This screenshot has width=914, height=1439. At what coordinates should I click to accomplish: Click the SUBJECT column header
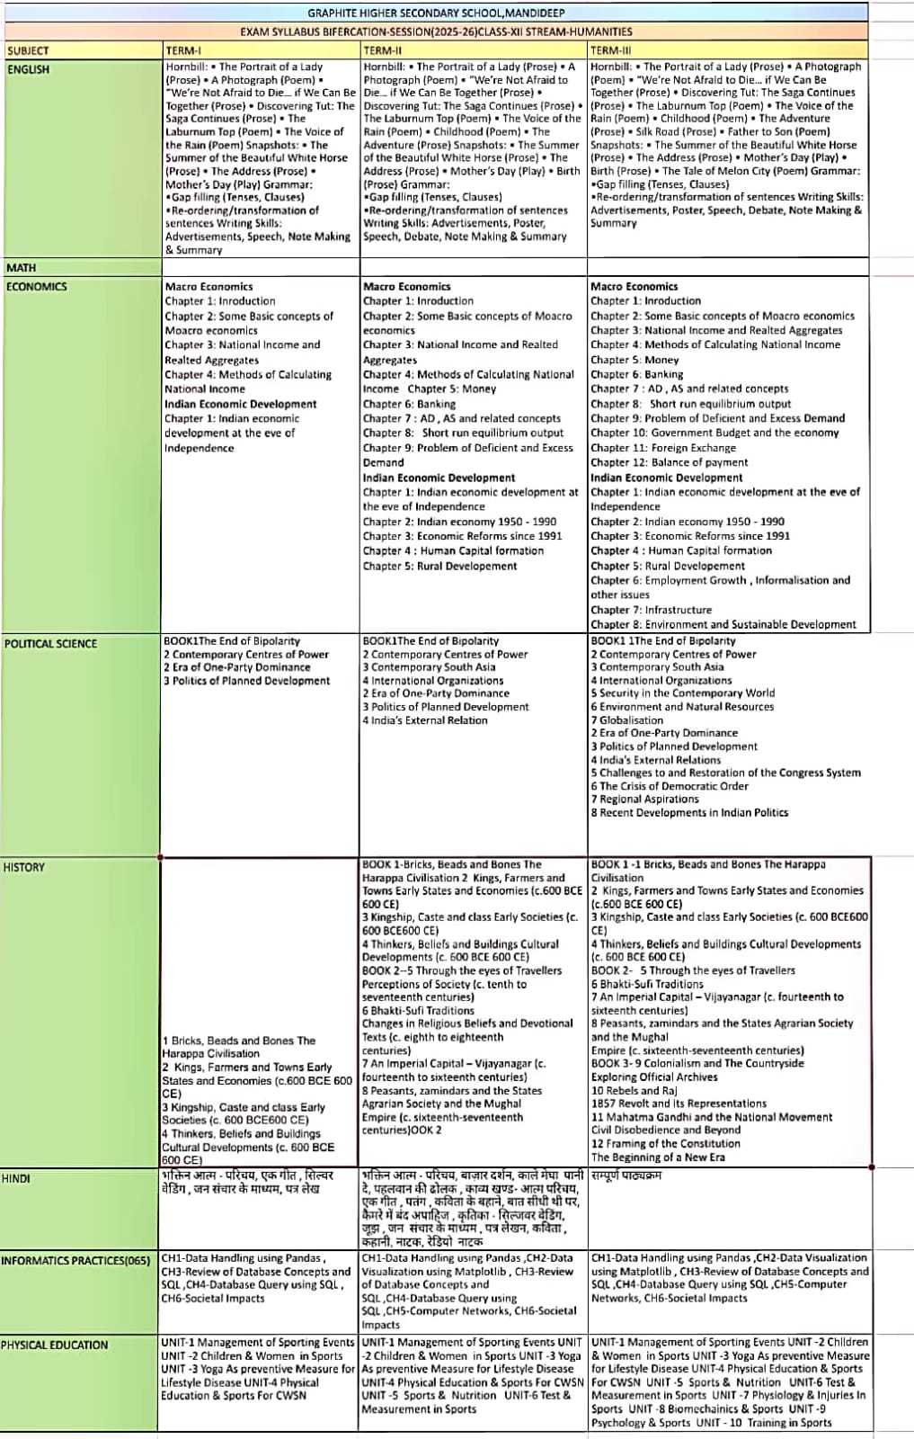pos(28,50)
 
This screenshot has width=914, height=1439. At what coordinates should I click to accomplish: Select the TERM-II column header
pos(383,50)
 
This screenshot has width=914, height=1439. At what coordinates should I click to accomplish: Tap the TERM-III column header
pos(611,50)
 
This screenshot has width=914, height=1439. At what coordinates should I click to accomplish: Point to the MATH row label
pos(22,267)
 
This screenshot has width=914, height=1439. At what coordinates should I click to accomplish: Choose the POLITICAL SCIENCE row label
pos(50,643)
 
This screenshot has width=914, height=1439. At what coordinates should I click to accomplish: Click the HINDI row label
pos(16,1178)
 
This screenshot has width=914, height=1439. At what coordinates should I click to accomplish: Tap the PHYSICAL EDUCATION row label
pos(55,1345)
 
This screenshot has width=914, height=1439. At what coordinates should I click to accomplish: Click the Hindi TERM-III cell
pos(626,1175)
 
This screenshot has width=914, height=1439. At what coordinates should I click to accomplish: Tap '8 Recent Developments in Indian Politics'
pos(689,812)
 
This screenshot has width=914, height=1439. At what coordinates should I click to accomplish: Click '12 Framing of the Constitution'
pos(665,1143)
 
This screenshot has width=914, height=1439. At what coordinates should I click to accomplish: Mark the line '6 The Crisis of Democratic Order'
pos(670,786)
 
